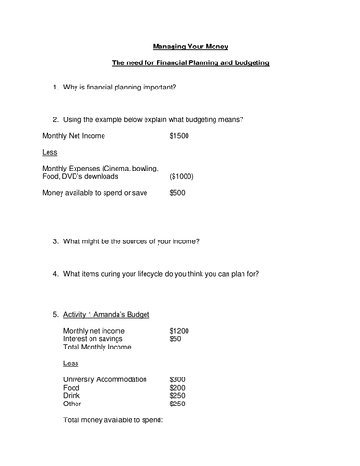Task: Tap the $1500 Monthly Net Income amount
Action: coord(180,135)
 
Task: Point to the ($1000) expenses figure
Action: coord(183,176)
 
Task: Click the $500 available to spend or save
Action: coord(178,193)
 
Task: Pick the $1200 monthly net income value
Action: coord(180,330)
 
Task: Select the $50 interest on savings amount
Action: coord(176,338)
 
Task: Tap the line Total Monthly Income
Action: coord(97,347)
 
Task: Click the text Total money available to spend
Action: coord(113,420)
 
